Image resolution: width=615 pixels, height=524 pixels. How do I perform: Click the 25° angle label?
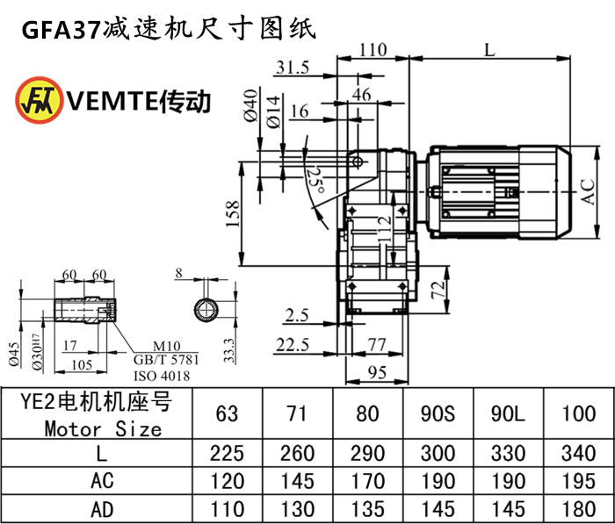313,179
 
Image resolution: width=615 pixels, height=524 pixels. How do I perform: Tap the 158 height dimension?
232,214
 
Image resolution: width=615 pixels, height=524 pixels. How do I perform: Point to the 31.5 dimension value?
291,68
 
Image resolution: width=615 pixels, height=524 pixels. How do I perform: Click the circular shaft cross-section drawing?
208,309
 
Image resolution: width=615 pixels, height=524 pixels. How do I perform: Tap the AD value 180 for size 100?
578,509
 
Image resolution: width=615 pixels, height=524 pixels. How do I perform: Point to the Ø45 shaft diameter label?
14,352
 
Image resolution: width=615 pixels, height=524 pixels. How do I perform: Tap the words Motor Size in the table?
104,429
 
